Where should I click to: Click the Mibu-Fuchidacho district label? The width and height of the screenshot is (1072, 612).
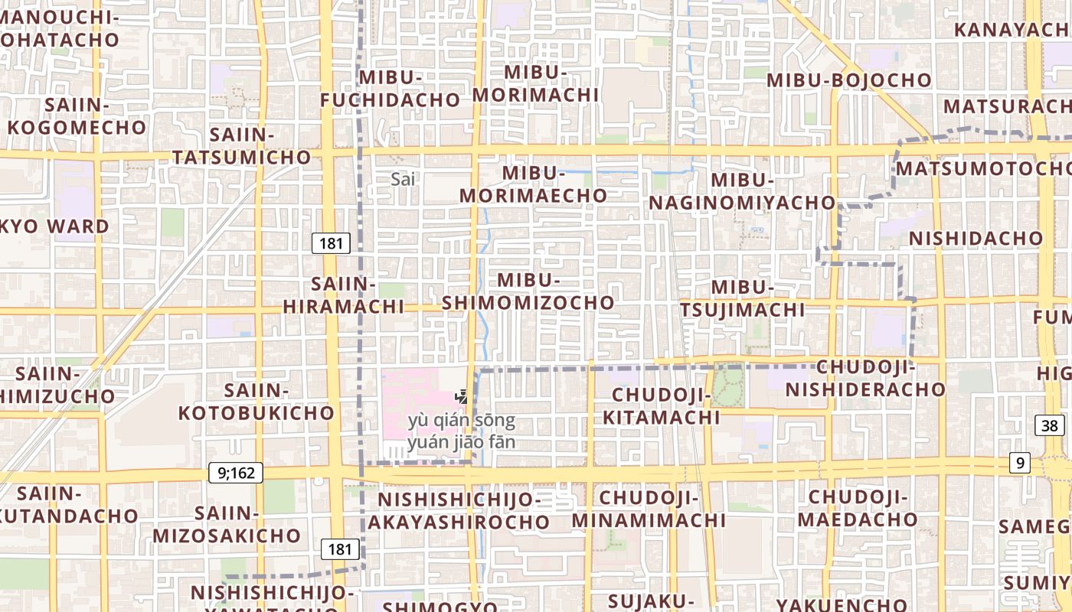(x=390, y=89)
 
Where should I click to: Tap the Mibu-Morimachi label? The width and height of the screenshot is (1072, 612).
(x=535, y=83)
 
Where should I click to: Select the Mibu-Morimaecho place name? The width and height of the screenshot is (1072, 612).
(x=534, y=184)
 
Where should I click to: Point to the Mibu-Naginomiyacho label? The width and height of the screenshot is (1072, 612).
(x=742, y=191)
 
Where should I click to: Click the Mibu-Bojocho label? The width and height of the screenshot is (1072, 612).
(x=849, y=80)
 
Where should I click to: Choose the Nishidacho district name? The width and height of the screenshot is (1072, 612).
(x=976, y=238)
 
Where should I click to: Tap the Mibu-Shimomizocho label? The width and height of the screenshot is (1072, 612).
(x=528, y=291)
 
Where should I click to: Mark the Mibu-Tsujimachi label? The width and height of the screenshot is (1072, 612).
(x=743, y=298)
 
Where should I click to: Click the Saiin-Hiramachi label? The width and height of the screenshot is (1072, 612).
(x=344, y=295)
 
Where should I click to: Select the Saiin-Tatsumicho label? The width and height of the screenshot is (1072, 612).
(x=242, y=146)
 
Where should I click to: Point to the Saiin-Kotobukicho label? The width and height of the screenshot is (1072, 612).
(x=257, y=402)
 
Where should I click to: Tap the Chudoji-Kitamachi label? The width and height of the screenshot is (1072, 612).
(x=662, y=406)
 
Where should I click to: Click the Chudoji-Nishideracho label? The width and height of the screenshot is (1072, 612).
(x=866, y=378)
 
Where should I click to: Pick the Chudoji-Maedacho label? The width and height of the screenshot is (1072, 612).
(x=858, y=508)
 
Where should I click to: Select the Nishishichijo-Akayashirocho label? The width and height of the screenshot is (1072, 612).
(x=459, y=511)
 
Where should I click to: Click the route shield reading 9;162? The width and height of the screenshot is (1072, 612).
(x=236, y=473)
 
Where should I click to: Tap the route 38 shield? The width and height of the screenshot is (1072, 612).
(x=1050, y=425)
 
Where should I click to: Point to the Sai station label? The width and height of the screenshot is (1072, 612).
(x=403, y=179)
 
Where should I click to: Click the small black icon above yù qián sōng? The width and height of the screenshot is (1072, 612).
(x=462, y=396)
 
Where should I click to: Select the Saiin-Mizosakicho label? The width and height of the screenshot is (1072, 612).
(x=226, y=524)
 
